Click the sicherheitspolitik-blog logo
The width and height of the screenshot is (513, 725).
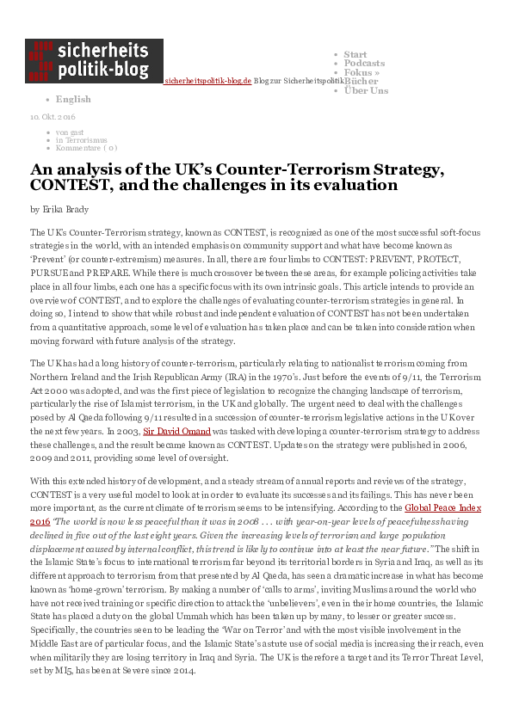[94, 60]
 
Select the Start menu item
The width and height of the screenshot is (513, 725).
[355, 54]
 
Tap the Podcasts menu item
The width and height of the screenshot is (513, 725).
[364, 64]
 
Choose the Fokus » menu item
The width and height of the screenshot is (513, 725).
[362, 72]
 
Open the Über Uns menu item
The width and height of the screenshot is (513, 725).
[366, 90]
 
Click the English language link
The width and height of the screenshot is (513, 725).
[73, 99]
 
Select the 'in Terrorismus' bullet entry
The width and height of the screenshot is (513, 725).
[81, 138]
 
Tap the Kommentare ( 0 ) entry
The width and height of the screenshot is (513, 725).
[86, 147]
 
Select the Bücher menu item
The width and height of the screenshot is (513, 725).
[361, 81]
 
